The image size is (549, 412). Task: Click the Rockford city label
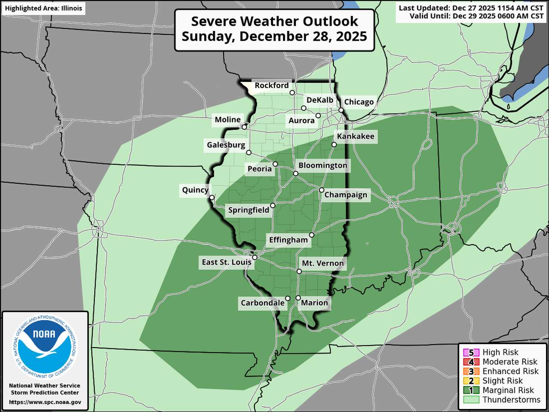(271, 85)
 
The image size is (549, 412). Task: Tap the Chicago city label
(359, 102)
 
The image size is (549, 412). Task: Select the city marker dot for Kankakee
(334, 145)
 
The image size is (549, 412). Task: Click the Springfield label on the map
(248, 210)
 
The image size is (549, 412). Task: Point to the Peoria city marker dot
(275, 164)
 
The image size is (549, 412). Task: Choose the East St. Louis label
(226, 262)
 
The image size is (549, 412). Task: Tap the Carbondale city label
(262, 303)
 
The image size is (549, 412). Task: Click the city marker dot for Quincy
(212, 197)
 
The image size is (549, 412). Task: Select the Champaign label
(345, 195)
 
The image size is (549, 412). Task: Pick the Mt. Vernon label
(323, 263)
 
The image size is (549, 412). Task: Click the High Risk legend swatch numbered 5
(471, 353)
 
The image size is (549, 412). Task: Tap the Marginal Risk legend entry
(508, 390)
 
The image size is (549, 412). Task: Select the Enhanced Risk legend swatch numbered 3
(471, 372)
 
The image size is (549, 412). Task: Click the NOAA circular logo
(45, 346)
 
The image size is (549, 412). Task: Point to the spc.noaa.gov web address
(45, 402)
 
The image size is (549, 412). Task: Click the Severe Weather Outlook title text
(274, 21)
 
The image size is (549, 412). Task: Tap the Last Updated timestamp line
(471, 8)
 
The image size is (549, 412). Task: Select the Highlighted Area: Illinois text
(43, 8)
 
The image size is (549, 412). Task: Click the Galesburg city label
(226, 145)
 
